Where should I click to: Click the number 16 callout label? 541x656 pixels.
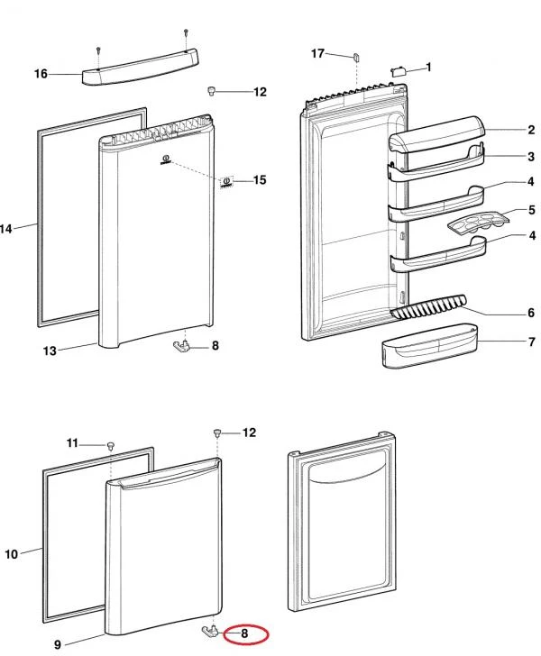[x=41, y=74]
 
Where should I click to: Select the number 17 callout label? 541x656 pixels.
[x=317, y=54]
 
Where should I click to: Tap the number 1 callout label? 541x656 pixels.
[x=428, y=67]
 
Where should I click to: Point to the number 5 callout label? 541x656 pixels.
[x=532, y=210]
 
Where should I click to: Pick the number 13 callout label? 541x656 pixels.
[x=50, y=351]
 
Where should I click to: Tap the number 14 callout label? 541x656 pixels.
[x=6, y=229]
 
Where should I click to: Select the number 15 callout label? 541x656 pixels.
[x=260, y=180]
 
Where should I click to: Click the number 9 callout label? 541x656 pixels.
[x=57, y=644]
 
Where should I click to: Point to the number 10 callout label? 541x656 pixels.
[x=11, y=554]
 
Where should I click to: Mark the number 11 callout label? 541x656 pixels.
[x=73, y=442]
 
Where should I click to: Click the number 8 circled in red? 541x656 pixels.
[x=244, y=633]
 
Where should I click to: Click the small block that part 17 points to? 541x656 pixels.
[x=356, y=57]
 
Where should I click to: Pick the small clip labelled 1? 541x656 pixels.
[x=398, y=68]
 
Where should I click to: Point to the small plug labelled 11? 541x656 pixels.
[x=110, y=445]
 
